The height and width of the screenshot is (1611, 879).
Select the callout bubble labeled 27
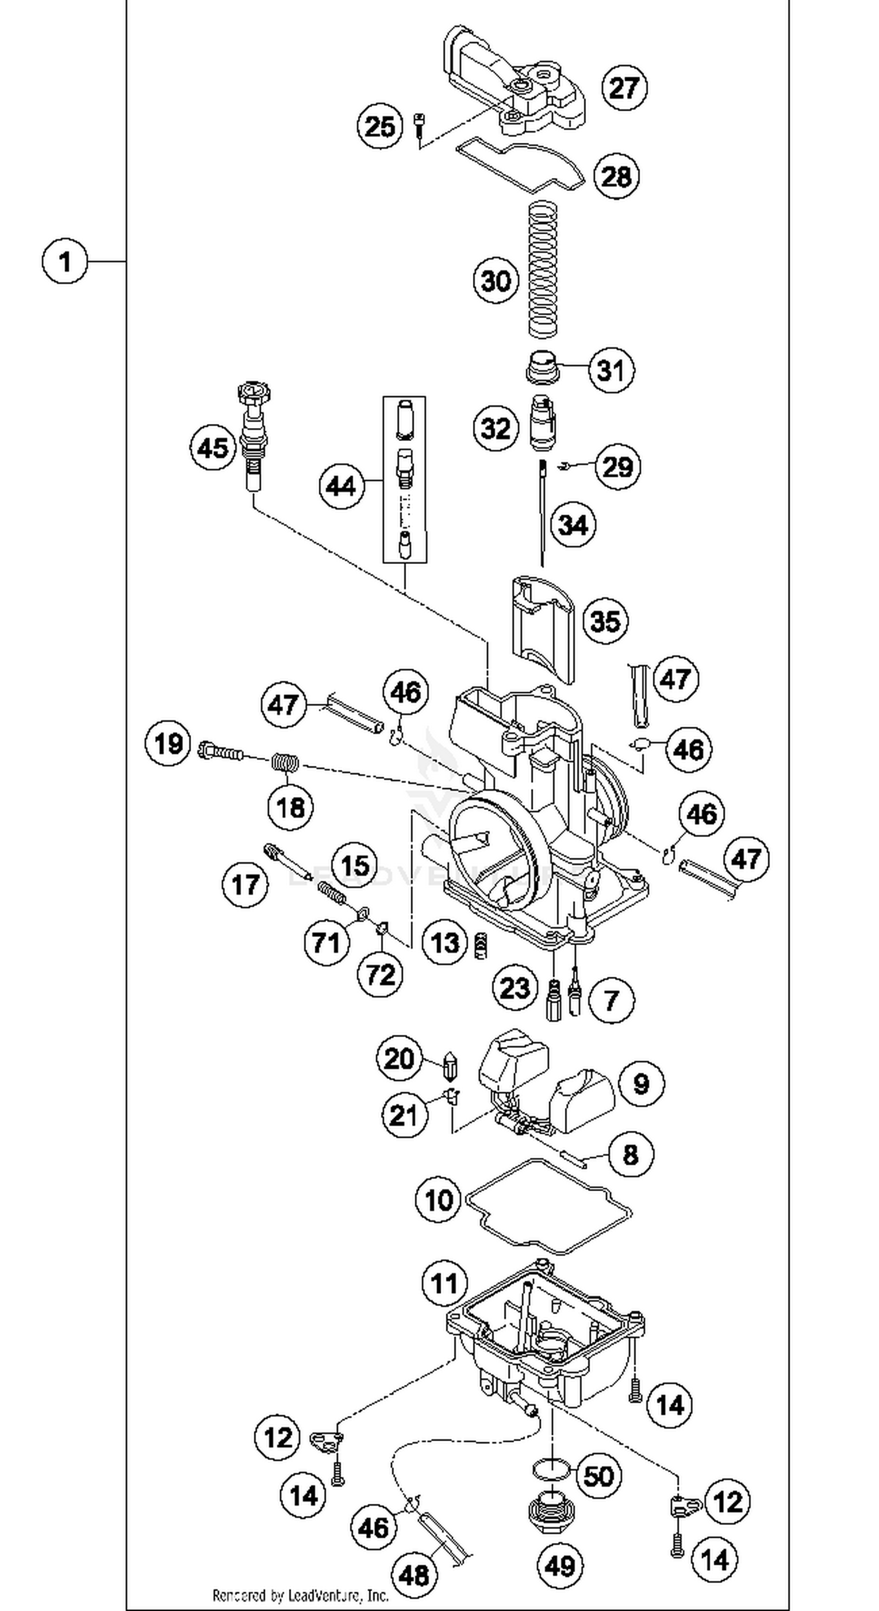click(x=624, y=88)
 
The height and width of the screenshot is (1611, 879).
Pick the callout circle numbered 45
click(x=213, y=448)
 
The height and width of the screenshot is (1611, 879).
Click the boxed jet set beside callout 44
click(x=405, y=480)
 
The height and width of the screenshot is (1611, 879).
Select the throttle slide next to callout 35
click(x=543, y=625)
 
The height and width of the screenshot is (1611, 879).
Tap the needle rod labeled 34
click(x=543, y=513)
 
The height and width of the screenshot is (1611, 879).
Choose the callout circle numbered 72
click(x=380, y=974)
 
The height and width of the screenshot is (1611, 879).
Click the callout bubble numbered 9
click(x=641, y=1083)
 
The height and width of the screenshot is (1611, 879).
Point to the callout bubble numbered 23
click(x=515, y=989)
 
